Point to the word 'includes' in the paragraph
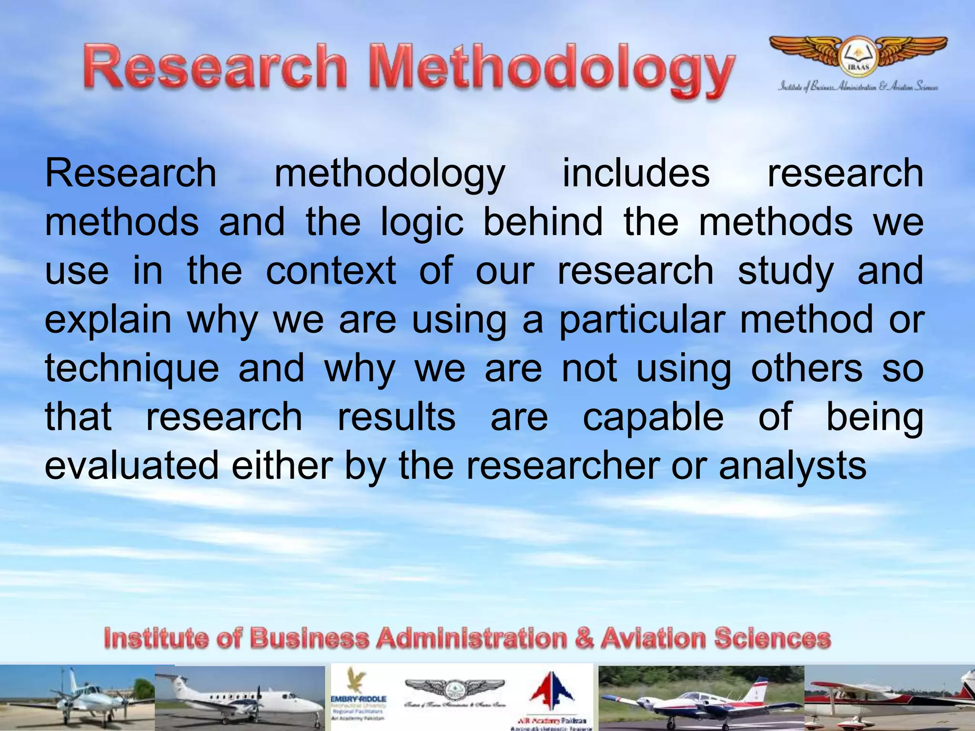tap(636, 173)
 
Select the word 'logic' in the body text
tap(422, 222)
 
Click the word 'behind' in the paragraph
tap(543, 222)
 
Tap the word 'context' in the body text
tap(331, 271)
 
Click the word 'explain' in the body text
tap(108, 320)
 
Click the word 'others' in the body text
tap(806, 369)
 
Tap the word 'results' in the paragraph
tap(397, 417)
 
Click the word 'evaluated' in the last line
tap(131, 465)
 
